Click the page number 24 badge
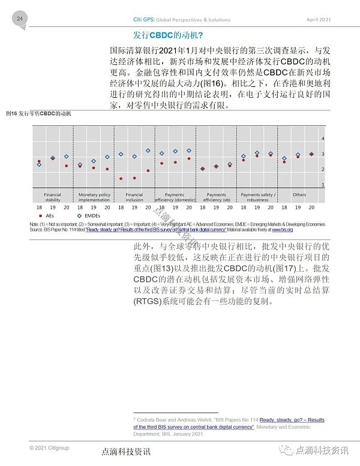tap(19, 19)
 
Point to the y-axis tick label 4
tap(323, 139)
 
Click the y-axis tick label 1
tap(323, 185)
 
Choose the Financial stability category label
tap(53, 197)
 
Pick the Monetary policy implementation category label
tap(94, 197)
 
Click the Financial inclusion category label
tap(134, 197)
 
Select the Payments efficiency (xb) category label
tap(217, 197)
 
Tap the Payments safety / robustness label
tap(258, 197)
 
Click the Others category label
tap(299, 195)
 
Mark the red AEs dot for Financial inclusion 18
tap(121, 179)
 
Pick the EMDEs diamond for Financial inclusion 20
tap(148, 151)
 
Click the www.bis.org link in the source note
tap(282, 230)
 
